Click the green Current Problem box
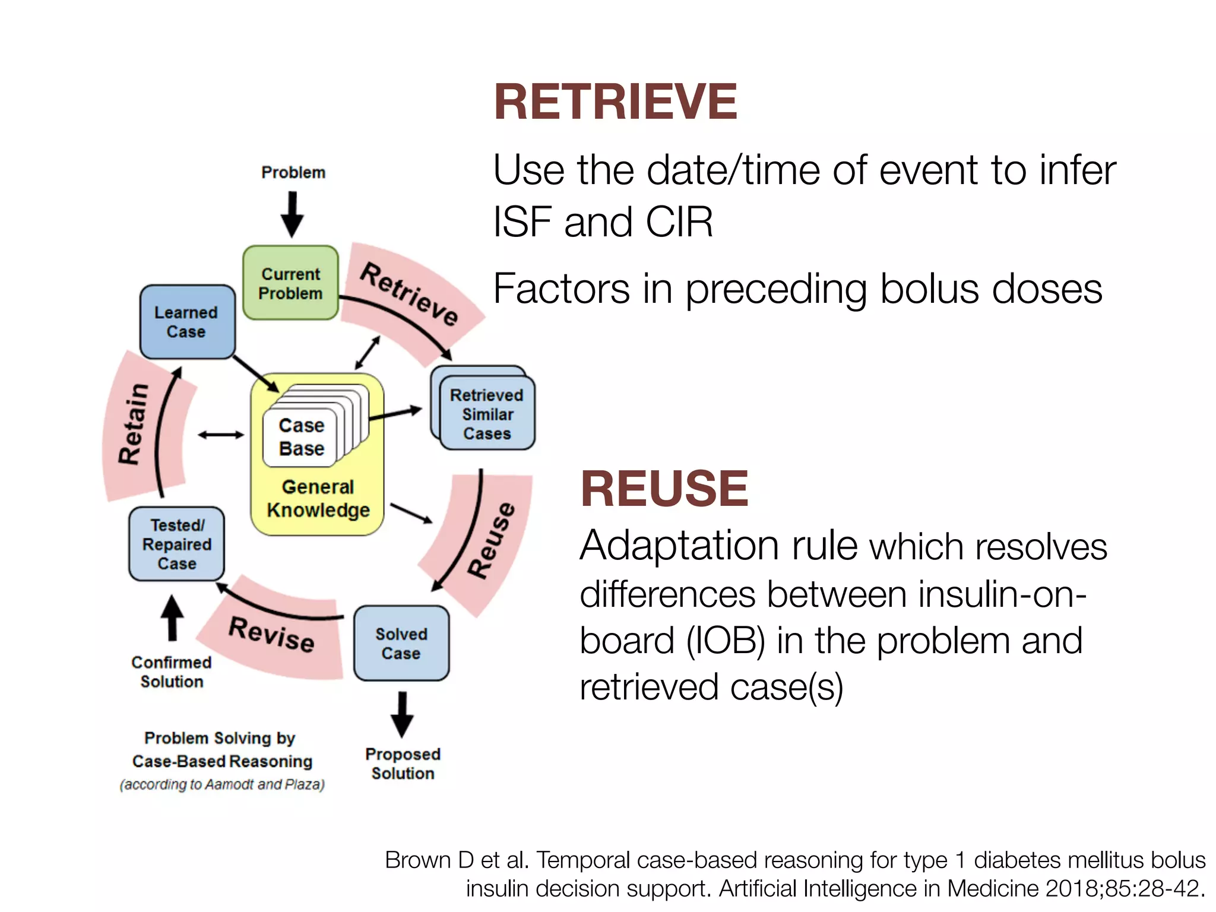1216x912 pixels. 290,283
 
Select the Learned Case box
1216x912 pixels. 187,322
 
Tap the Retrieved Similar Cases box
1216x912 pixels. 487,414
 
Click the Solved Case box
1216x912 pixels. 401,643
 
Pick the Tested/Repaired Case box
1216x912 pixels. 176,544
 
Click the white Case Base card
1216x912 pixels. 301,437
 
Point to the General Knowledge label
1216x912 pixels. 318,499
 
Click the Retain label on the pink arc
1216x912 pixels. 133,423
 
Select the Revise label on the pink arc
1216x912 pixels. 271,634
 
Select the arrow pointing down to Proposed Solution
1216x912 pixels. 402,714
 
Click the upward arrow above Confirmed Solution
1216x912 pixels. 172,618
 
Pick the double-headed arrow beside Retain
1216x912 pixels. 221,435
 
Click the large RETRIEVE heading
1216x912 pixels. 615,102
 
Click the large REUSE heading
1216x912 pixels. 664,489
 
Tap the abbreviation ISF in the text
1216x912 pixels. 520,222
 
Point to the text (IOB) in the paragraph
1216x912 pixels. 726,641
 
